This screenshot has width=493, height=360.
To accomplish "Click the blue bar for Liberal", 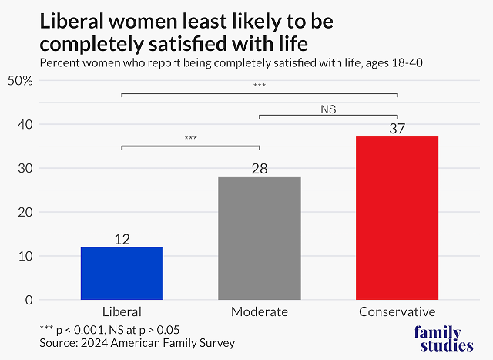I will coord(122,273).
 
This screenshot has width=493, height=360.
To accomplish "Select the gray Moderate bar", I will coord(260,237).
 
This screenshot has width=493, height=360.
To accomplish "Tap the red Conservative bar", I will coord(397,217).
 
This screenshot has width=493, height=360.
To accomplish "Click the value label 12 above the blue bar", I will coord(122,239).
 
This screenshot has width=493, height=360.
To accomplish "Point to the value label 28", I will coord(260,168).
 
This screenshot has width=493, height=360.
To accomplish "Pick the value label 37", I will coord(397,129).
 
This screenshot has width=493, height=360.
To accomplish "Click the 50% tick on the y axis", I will coord(20,80).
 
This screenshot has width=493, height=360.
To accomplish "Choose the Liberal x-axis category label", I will coord(122,312).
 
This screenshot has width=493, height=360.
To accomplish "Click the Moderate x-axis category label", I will coord(260,312).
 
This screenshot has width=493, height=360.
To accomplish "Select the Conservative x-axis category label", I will coord(397,312).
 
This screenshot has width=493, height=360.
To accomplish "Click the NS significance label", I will coord(329,109).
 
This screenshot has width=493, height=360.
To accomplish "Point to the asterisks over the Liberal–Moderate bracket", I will coord(190,139).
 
